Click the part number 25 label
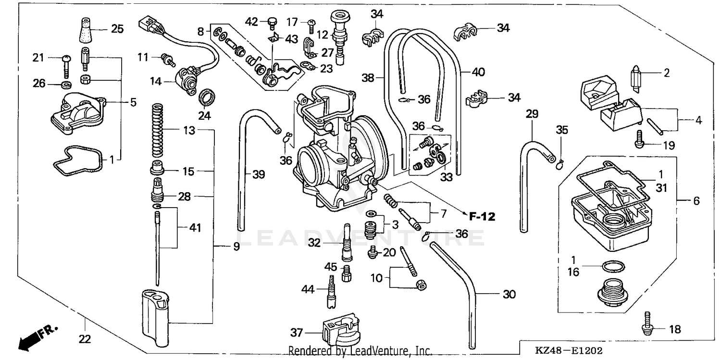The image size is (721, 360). click(117, 29)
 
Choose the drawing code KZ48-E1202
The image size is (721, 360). click(570, 351)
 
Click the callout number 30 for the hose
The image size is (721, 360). click(509, 294)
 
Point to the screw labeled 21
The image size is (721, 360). click(66, 65)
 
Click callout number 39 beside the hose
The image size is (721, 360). click(258, 175)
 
